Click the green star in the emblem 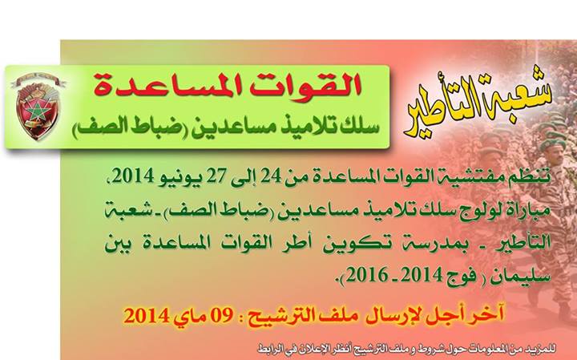point(36,111)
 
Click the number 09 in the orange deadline point(222,315)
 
